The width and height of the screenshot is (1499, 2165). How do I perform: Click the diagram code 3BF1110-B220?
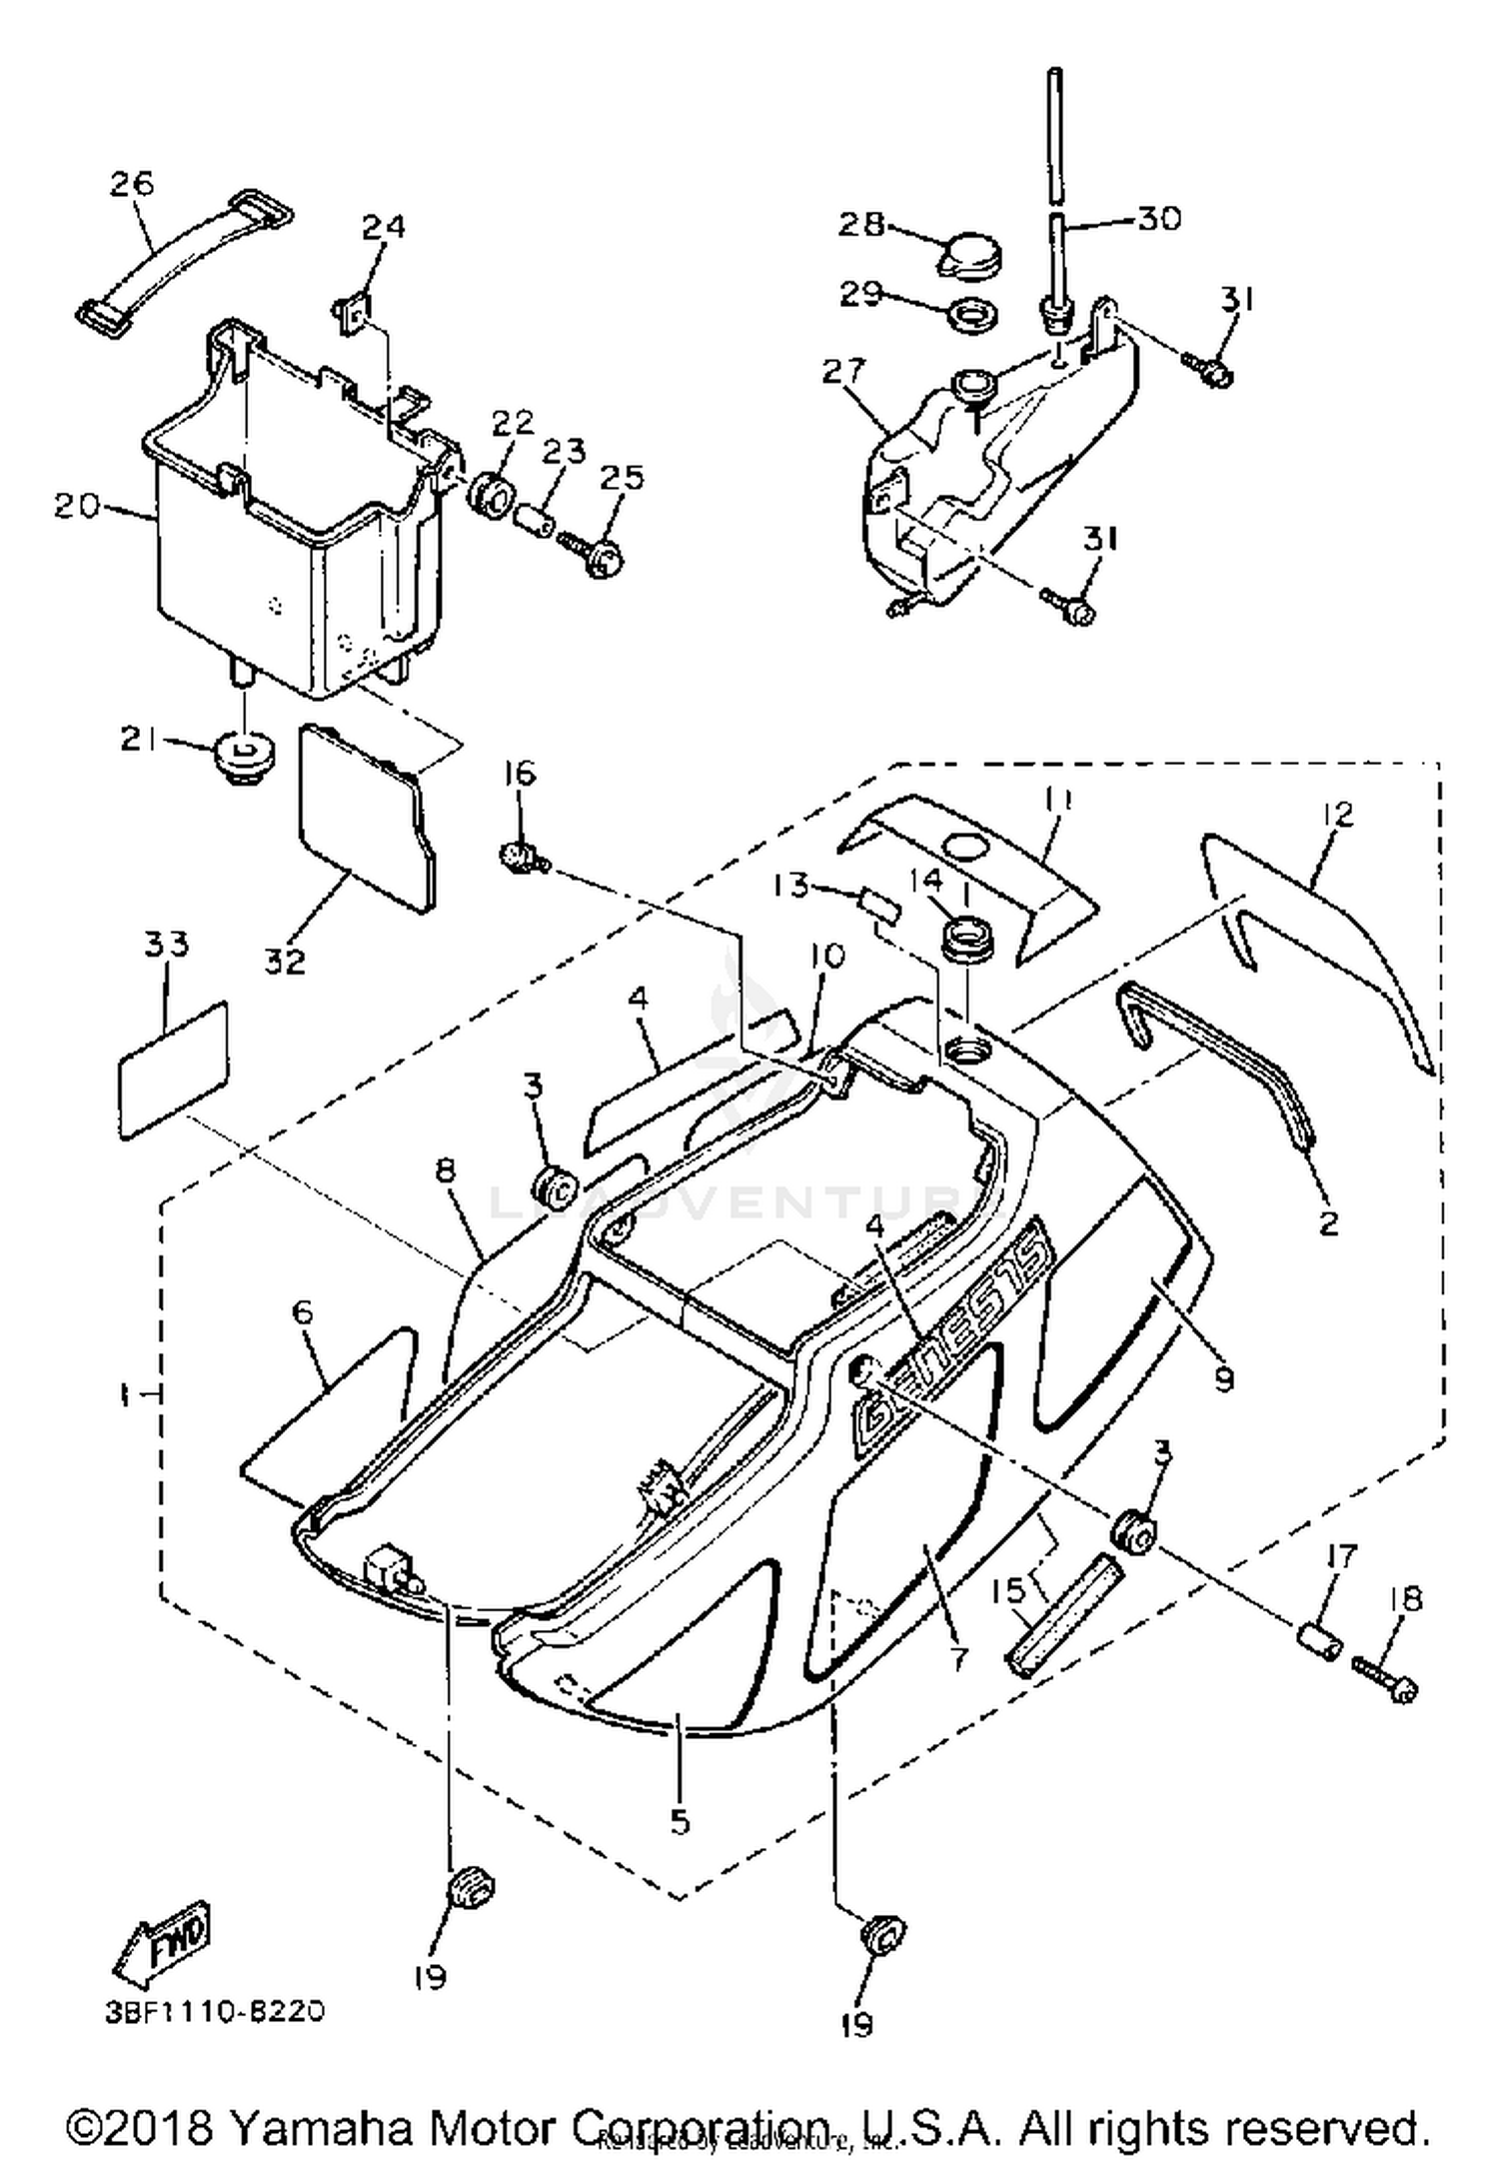215,2011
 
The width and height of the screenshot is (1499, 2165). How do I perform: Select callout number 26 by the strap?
133,184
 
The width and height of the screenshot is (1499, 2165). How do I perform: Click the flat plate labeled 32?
366,818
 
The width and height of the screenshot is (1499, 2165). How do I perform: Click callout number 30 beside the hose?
1159,218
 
